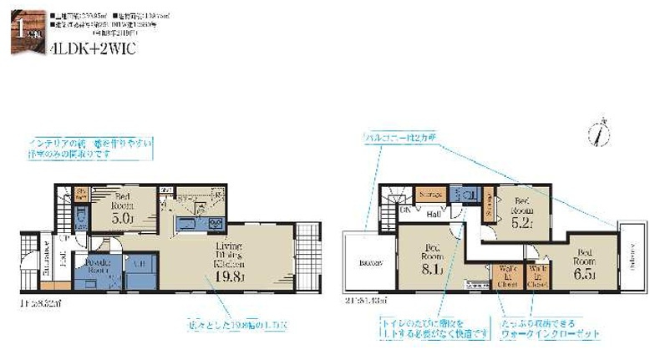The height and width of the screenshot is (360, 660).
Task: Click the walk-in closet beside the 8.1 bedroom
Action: [506, 276]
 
